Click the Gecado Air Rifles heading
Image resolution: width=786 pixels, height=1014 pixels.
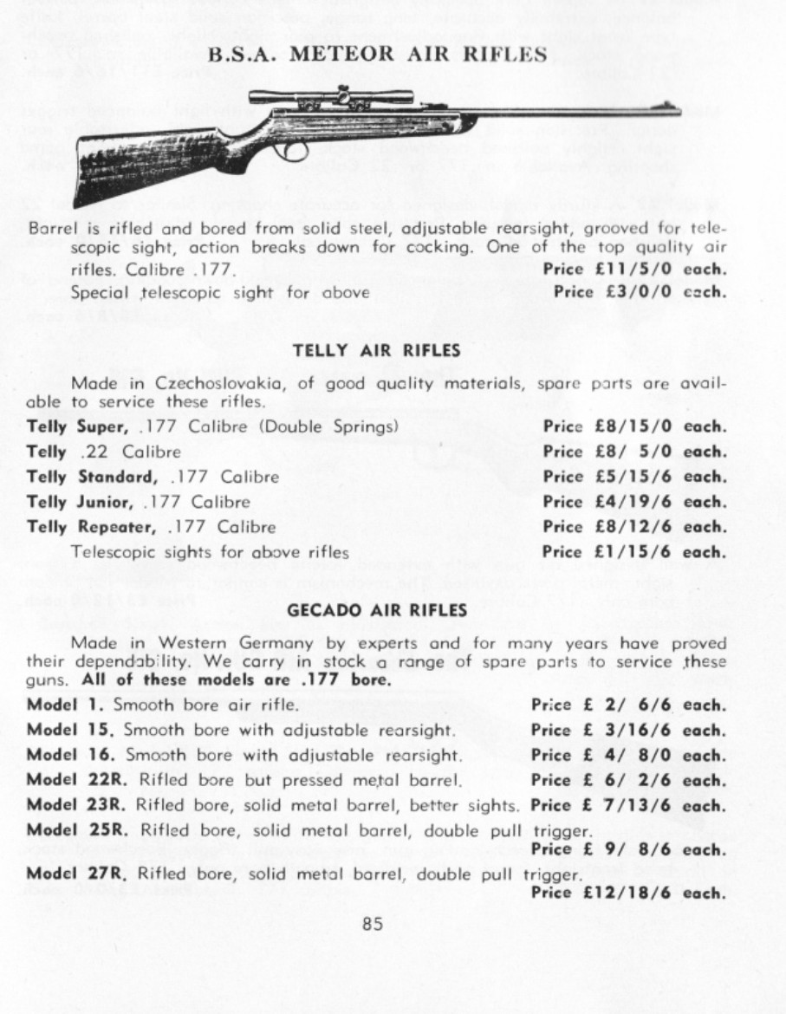[377, 610]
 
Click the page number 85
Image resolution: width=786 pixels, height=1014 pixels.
[374, 923]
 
